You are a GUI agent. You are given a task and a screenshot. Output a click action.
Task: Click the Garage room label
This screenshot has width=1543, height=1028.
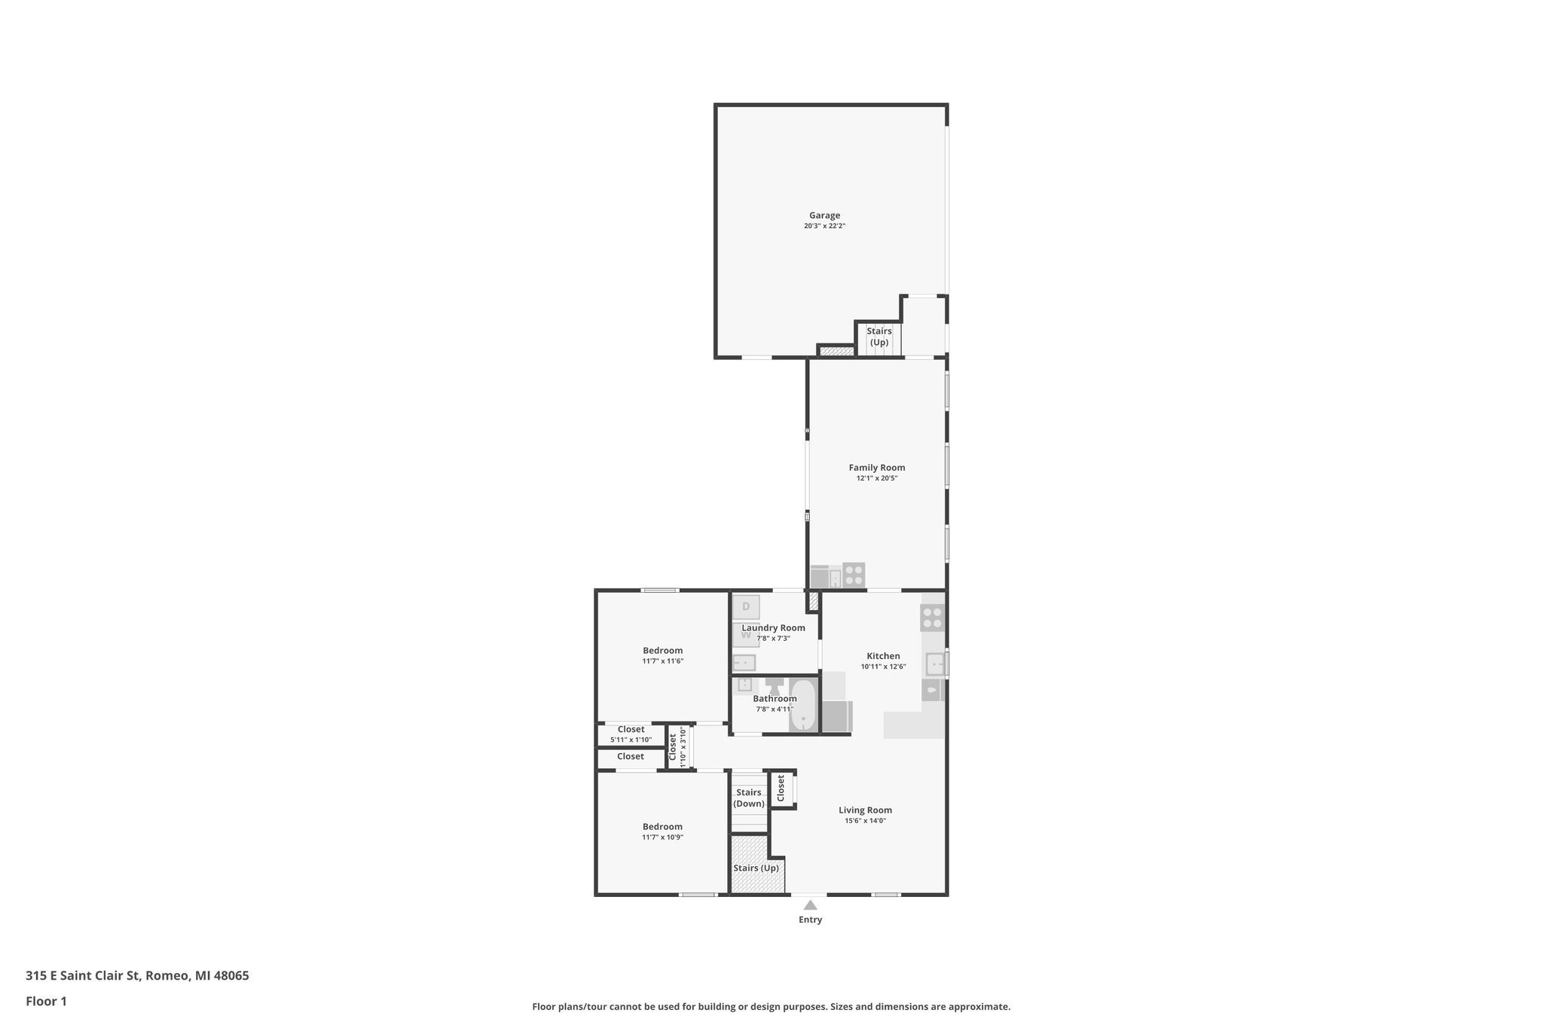824,215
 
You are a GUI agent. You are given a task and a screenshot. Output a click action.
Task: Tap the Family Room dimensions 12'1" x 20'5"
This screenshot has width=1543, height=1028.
876,478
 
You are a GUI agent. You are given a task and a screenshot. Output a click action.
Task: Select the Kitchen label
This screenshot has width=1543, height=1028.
883,656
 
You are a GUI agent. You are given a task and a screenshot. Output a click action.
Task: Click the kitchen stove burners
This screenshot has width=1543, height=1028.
932,618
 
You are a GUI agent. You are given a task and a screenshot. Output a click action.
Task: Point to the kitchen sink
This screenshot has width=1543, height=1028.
934,664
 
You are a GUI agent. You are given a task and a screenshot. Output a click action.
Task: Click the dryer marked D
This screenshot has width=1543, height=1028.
746,607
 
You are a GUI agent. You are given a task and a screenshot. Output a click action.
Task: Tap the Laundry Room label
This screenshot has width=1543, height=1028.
773,628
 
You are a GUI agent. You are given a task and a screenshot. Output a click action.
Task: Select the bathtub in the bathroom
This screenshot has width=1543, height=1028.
803,705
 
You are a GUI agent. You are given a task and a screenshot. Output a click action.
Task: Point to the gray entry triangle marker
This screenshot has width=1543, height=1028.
810,905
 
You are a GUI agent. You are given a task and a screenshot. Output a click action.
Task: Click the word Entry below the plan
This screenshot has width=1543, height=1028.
810,920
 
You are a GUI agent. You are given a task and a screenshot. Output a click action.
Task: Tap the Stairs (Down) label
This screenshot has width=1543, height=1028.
749,798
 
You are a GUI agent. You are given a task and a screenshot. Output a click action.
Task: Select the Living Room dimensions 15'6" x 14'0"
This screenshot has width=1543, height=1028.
865,821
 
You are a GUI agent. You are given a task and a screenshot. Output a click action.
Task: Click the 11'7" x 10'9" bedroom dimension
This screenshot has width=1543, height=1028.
662,837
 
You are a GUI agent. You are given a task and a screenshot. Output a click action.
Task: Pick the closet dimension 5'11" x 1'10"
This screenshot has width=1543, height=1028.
631,740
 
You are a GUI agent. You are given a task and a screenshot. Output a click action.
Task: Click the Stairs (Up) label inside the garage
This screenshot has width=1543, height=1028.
879,337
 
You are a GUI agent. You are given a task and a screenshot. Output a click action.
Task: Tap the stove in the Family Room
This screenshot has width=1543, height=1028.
854,575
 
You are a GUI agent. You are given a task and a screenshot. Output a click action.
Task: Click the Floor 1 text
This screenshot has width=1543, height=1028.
46,1002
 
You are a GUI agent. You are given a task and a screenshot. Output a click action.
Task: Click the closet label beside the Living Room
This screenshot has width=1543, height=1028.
781,789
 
